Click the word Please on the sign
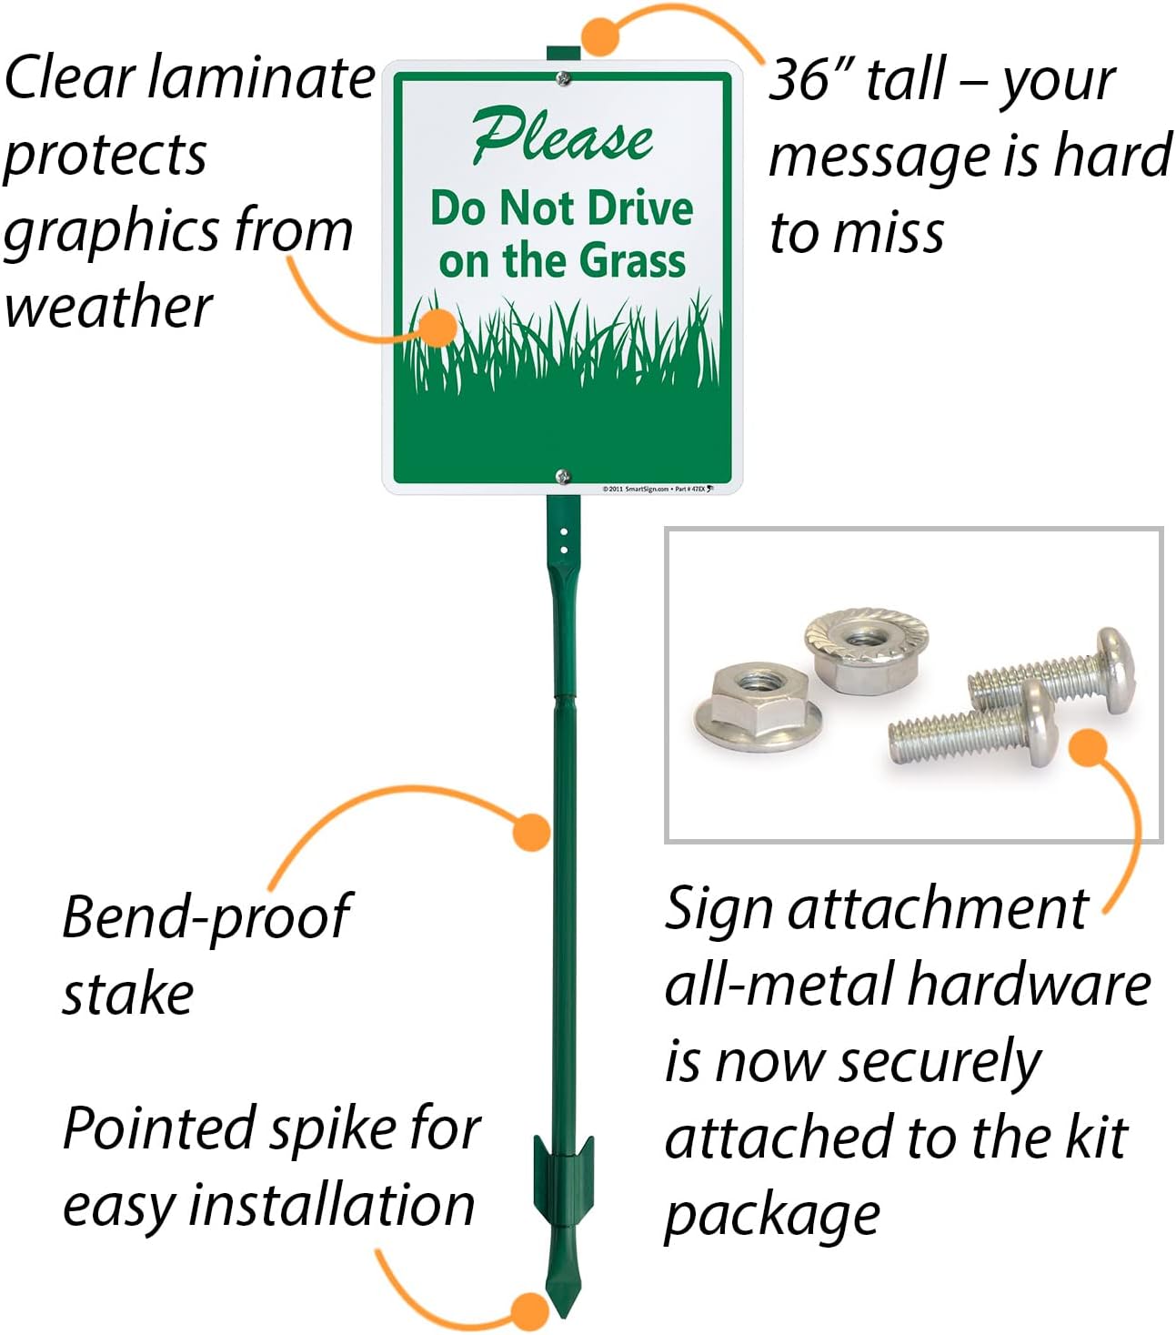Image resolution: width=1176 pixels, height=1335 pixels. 562,137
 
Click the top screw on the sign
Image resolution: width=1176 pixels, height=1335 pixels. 564,79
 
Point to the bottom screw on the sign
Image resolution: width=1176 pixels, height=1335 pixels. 563,475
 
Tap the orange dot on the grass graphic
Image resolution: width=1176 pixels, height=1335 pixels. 440,327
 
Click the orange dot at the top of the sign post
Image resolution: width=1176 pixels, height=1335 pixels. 600,35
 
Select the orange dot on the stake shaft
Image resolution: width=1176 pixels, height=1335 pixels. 531,832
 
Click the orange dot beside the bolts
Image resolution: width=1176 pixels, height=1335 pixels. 1087,746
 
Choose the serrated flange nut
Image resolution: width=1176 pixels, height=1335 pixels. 866,647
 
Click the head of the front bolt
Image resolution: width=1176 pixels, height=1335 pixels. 1037,723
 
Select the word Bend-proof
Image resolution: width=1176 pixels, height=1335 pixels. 206,916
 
